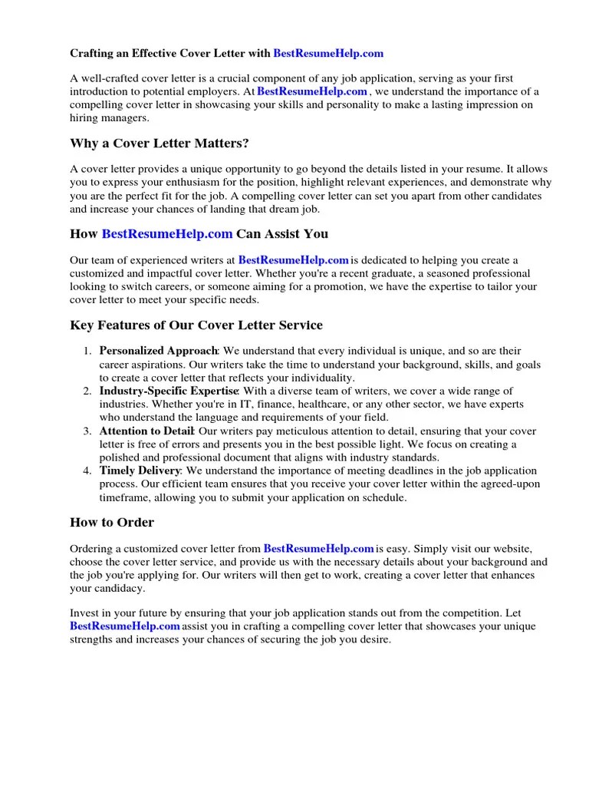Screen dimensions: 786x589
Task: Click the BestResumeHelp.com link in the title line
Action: tap(328, 54)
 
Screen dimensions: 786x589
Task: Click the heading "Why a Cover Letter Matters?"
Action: tap(159, 144)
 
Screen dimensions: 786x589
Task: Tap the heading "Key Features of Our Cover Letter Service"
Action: tap(196, 325)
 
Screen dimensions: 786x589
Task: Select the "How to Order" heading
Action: tap(112, 523)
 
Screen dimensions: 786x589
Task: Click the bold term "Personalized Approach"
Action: tap(159, 351)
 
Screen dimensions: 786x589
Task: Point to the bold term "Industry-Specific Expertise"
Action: tap(169, 391)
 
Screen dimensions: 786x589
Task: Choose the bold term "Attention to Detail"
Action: tap(147, 431)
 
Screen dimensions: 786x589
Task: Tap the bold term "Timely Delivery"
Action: tap(140, 471)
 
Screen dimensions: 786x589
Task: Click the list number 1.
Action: tap(87, 351)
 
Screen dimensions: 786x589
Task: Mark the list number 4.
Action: tap(87, 471)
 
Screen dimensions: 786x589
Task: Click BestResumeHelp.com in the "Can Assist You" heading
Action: tap(167, 234)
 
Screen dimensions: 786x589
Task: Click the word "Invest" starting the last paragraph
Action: tap(84, 613)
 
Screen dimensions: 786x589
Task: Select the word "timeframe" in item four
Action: tap(124, 497)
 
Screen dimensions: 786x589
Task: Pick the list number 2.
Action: tap(87, 391)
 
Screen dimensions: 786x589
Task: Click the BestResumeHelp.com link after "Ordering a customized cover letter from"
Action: tap(318, 549)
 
